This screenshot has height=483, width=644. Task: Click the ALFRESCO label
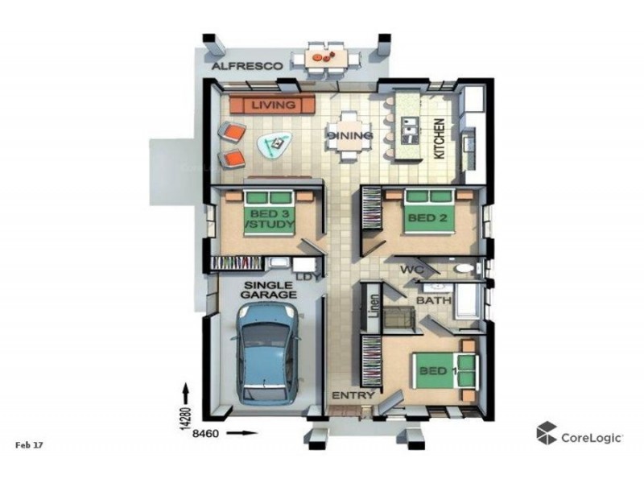pyautogui.click(x=247, y=66)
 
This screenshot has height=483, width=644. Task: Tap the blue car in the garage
pyautogui.click(x=267, y=353)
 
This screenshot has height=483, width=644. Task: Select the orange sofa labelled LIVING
pyautogui.click(x=272, y=105)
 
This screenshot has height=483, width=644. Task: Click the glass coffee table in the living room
pyautogui.click(x=275, y=144)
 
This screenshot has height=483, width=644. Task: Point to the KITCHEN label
pyautogui.click(x=439, y=138)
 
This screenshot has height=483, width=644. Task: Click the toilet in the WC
pyautogui.click(x=466, y=269)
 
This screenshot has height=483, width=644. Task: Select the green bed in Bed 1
pyautogui.click(x=446, y=371)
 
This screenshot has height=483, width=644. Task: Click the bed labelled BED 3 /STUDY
pyautogui.click(x=270, y=213)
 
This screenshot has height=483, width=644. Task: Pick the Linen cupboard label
pyautogui.click(x=374, y=306)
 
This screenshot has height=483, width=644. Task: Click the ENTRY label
pyautogui.click(x=353, y=395)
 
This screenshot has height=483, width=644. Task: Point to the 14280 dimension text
pyautogui.click(x=186, y=418)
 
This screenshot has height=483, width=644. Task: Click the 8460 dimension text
pyautogui.click(x=205, y=433)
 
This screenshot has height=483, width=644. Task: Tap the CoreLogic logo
pyautogui.click(x=580, y=433)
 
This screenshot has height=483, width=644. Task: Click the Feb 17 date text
pyautogui.click(x=29, y=445)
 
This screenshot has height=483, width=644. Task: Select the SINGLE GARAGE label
pyautogui.click(x=269, y=290)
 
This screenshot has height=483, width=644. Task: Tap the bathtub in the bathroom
pyautogui.click(x=468, y=301)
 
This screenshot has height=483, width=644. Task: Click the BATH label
pyautogui.click(x=434, y=300)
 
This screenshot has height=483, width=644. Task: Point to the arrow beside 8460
pyautogui.click(x=242, y=433)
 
